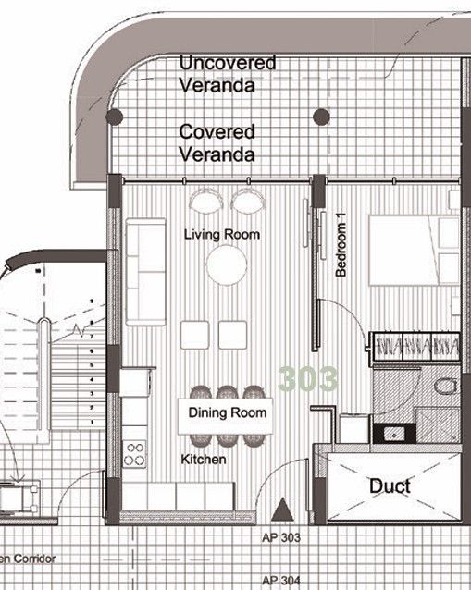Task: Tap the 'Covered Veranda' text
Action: (x=217, y=143)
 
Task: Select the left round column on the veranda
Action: (x=114, y=117)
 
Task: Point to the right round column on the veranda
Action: (x=321, y=117)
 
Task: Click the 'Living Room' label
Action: (x=221, y=235)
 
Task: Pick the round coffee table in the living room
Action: (x=227, y=266)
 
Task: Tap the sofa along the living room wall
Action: (x=140, y=270)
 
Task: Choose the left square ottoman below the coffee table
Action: (x=194, y=334)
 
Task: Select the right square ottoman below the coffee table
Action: (x=233, y=334)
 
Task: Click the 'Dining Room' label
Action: (x=228, y=412)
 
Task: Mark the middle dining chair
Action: (x=228, y=392)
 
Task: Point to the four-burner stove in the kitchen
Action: (x=135, y=453)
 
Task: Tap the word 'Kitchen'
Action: (x=204, y=459)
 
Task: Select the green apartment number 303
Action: (x=308, y=378)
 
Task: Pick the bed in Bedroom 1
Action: (x=412, y=250)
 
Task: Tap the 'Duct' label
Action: (x=390, y=486)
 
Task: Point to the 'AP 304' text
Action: (x=280, y=580)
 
